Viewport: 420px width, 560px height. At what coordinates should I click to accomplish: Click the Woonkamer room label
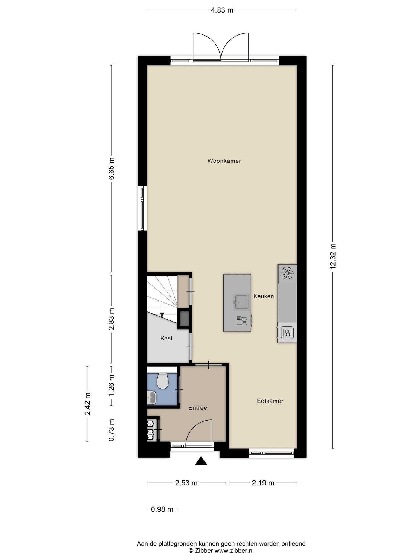pos(224,161)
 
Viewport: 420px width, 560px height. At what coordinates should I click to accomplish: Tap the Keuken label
pos(264,296)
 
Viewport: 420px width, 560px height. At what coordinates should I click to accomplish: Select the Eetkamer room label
pos(270,401)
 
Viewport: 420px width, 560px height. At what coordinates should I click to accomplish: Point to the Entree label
pos(198,408)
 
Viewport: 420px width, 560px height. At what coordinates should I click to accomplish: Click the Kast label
pos(167,338)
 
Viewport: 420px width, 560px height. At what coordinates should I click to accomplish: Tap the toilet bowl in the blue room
pos(162,381)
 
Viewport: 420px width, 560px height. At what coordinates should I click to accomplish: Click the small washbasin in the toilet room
pos(151,398)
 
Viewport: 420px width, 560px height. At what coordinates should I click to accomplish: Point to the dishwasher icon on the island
pos(241,320)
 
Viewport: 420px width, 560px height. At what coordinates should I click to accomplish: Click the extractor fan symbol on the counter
pos(287,273)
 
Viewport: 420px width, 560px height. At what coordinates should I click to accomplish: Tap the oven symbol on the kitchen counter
pos(287,333)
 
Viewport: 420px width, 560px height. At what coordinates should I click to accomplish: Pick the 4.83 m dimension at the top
pos(222,10)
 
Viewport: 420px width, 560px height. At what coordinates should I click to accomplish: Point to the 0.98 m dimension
pos(162,509)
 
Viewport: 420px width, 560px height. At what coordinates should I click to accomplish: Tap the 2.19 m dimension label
pos(263,483)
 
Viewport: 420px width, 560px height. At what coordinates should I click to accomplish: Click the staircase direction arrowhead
pos(162,316)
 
